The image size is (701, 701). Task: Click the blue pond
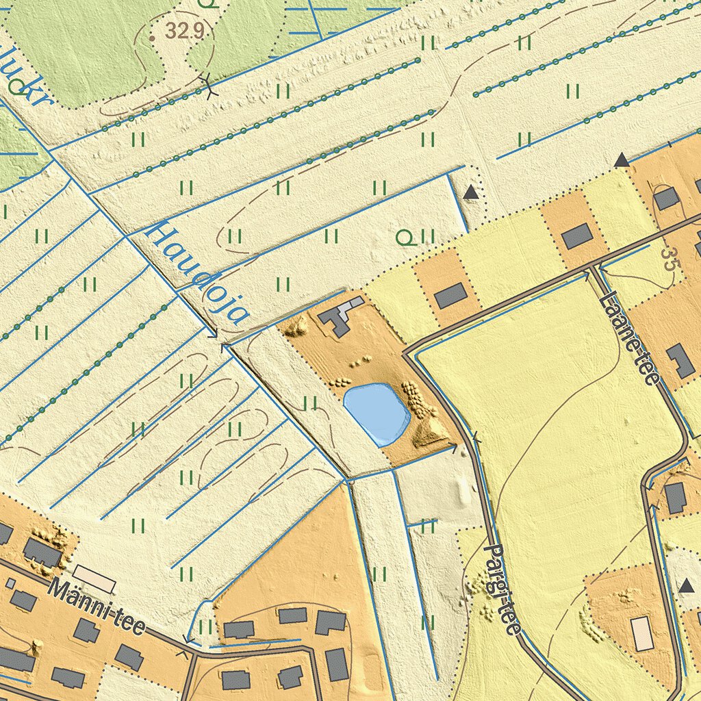376,413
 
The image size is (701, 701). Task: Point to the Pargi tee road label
502,588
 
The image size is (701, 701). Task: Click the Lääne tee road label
628,338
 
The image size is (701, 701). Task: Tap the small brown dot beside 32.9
151,38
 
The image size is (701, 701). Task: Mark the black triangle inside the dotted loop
470,193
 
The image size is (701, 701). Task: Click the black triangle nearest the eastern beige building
687,585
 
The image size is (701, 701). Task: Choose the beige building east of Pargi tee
642,633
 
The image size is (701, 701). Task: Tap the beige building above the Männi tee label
94,578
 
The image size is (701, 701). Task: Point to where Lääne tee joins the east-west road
594,267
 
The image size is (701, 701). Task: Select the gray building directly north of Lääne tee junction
576,236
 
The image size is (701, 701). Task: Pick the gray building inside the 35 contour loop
665,199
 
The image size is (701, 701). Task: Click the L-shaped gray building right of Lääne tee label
680,361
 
